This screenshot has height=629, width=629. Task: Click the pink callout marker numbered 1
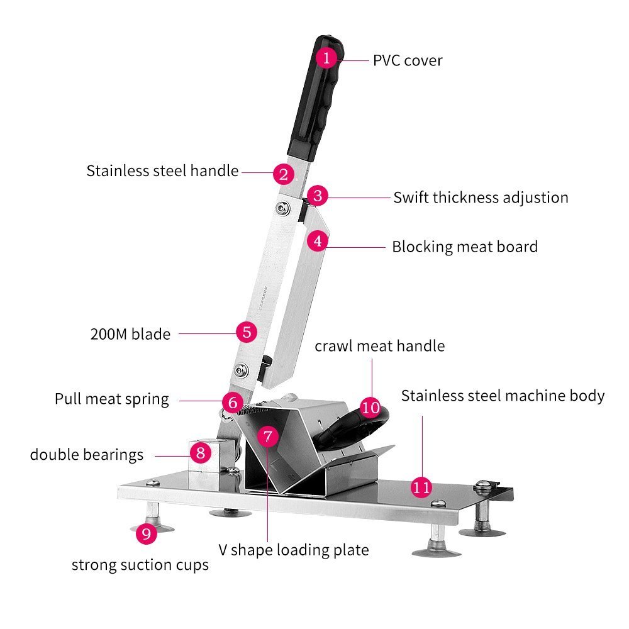tap(326, 58)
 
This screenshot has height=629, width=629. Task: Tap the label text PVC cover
tap(408, 60)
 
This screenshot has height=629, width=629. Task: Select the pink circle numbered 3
tap(318, 196)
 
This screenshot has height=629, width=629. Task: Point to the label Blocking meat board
tap(465, 246)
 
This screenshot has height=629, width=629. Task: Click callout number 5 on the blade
tap(247, 331)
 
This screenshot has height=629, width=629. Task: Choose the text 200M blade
tap(130, 333)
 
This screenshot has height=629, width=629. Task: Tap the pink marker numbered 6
tap(233, 402)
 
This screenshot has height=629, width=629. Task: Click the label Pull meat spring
tap(111, 399)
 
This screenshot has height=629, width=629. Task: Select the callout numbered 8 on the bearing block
tap(201, 452)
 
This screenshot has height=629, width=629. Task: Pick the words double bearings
tap(87, 454)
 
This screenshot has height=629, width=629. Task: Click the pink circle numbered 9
tap(147, 534)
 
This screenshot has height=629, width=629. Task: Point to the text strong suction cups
tap(140, 565)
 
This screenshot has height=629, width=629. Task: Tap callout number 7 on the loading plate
tap(267, 436)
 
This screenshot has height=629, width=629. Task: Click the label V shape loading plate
tap(293, 550)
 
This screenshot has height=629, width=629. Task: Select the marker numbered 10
tap(371, 407)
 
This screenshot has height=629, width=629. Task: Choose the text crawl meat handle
tap(379, 345)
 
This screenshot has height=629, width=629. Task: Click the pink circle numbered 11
tap(421, 486)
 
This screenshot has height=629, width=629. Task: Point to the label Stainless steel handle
tap(162, 170)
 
